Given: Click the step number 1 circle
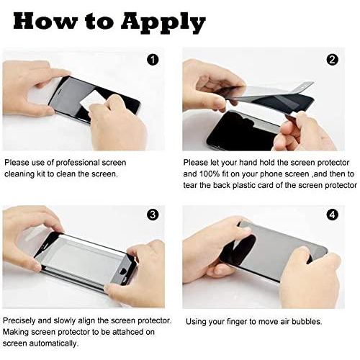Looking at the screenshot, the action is (153, 59).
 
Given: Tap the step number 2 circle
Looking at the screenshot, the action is (333, 59).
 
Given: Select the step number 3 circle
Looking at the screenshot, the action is (153, 215).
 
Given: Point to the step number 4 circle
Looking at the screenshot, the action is (333, 215).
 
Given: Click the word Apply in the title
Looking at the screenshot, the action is (163, 24).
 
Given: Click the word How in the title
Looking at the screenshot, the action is (44, 21).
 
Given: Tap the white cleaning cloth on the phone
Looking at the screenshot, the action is (91, 100).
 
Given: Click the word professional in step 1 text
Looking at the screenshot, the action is (78, 163).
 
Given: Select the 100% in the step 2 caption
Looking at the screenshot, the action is (210, 174).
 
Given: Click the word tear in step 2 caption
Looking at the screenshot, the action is (190, 185).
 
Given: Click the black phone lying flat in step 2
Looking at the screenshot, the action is (243, 131).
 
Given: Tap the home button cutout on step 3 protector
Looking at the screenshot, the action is (123, 271).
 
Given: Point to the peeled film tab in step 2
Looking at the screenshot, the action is (305, 87).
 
